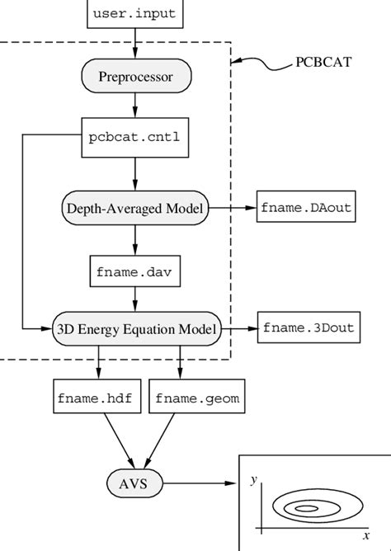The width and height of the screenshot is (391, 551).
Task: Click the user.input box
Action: (134, 13)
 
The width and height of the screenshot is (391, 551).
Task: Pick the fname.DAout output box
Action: (306, 207)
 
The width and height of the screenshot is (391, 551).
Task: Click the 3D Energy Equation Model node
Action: (137, 329)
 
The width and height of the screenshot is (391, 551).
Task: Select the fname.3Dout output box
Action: (309, 328)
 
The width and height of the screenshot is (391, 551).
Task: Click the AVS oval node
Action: (134, 483)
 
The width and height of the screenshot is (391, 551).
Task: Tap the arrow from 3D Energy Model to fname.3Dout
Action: (239, 329)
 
